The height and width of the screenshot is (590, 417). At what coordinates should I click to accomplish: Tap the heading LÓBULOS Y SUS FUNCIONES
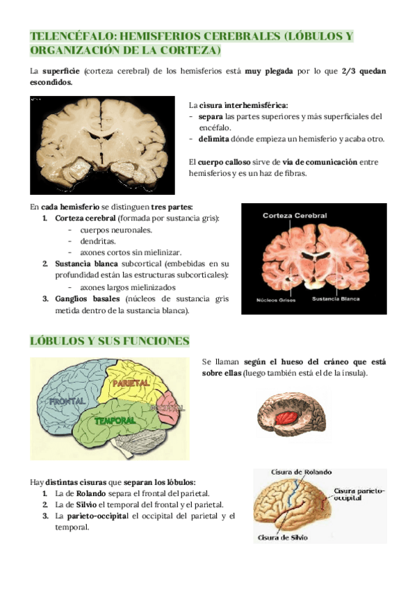point(109,341)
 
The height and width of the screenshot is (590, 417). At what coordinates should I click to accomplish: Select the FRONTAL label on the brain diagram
point(68,401)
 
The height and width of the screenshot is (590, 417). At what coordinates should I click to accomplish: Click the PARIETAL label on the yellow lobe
point(128,383)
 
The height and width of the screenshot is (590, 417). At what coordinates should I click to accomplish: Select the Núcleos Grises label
point(277,300)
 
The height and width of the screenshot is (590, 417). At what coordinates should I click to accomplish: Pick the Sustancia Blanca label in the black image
point(335,300)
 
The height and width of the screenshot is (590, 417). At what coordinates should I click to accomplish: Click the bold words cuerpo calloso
point(209,162)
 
